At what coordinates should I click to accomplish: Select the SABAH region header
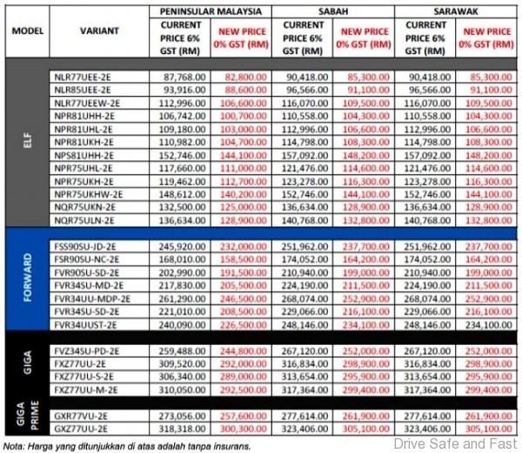point(332,10)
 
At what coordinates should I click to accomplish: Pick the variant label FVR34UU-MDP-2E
point(90,297)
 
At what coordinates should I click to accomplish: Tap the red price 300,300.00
point(242,430)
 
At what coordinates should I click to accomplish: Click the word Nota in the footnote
point(13,444)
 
